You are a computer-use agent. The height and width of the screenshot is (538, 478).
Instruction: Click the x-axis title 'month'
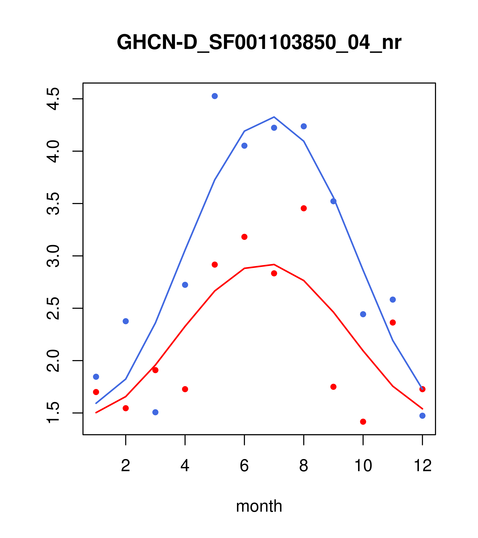click(259, 506)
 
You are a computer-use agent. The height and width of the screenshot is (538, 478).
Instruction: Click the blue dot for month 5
click(215, 96)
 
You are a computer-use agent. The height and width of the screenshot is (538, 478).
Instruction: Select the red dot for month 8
click(304, 208)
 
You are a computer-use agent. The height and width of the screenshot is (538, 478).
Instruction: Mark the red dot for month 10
click(363, 422)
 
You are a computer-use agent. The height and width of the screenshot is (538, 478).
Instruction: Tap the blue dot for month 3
click(156, 412)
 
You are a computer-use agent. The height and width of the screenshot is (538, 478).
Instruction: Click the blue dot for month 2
click(126, 321)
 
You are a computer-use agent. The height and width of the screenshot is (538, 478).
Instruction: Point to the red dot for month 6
click(244, 237)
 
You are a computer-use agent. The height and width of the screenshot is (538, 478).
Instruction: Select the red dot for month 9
click(333, 387)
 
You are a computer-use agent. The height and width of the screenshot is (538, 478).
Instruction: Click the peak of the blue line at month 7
click(274, 117)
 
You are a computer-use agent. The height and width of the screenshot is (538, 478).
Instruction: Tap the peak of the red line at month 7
click(274, 264)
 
